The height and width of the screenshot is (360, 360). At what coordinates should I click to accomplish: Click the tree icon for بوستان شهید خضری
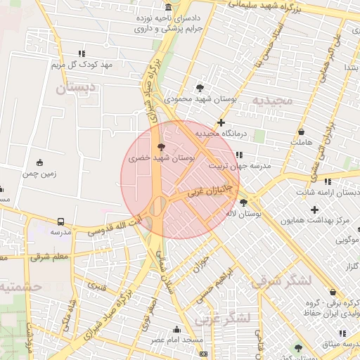pyautogui.click(x=162, y=148)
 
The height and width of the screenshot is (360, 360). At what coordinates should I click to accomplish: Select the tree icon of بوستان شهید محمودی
pyautogui.click(x=201, y=89)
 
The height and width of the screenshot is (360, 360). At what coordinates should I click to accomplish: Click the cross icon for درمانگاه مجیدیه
pyautogui.click(x=221, y=122)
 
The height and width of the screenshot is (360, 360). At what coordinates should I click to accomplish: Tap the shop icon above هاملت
pyautogui.click(x=302, y=131)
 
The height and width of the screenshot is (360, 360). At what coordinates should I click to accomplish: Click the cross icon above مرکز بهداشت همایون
pyautogui.click(x=314, y=210)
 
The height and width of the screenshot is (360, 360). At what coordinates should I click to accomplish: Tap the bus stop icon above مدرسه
pyautogui.click(x=60, y=221)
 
